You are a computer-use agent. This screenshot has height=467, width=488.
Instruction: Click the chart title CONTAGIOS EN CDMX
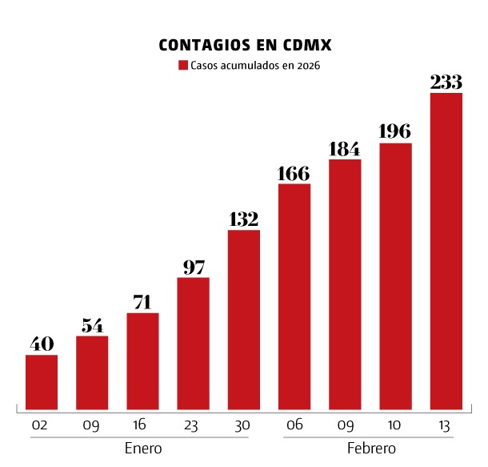coord(245,45)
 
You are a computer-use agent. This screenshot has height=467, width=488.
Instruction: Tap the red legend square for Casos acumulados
coord(183,66)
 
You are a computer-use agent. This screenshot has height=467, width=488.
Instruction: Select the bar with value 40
coord(42,381)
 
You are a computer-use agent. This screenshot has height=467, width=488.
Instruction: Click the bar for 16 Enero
coord(142,360)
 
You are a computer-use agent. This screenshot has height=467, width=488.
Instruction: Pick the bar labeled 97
coord(194,343)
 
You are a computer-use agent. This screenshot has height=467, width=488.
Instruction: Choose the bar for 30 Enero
coord(244,319)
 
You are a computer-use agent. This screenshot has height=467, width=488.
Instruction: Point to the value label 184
coord(345,149)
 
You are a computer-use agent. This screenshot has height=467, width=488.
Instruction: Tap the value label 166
coord(294,173)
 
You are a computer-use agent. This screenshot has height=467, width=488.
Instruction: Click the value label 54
coord(92,325)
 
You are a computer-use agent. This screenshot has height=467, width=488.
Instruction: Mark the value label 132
coord(244,219)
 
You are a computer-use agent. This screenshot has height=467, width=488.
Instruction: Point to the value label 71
coord(142,302)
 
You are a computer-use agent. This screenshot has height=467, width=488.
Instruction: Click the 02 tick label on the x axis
coord(42,425)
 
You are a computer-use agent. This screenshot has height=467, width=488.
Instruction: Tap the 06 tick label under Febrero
coord(294,425)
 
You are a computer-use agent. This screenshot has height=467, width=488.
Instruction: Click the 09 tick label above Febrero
coord(345,425)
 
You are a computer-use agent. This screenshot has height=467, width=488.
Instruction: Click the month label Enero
coord(143,449)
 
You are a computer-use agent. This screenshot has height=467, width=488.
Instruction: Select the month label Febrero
coord(371,449)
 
